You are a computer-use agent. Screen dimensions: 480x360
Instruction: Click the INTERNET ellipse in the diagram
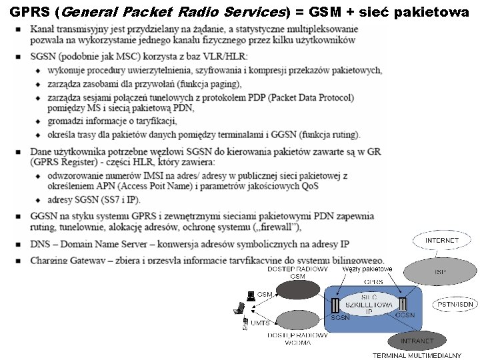[442, 240]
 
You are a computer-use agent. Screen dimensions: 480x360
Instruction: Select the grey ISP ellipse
[440, 272]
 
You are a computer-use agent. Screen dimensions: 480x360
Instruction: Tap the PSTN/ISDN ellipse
[456, 304]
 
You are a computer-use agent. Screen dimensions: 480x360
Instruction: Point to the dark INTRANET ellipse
[417, 341]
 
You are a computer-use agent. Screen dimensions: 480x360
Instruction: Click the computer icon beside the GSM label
[251, 295]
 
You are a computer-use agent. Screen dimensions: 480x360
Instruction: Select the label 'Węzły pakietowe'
[367, 269]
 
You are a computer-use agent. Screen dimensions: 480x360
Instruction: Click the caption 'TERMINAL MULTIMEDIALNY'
[407, 355]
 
